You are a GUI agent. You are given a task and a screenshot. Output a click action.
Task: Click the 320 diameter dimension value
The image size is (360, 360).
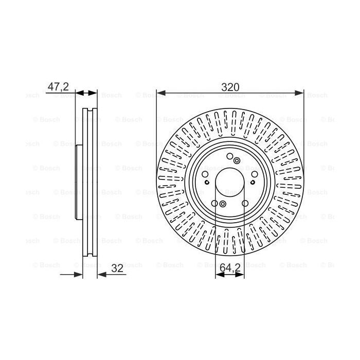pos(230,87)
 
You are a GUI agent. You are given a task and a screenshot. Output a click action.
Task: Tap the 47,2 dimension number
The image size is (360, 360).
pos(58,87)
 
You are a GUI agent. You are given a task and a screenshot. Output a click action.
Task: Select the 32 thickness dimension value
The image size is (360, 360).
pos(118,268)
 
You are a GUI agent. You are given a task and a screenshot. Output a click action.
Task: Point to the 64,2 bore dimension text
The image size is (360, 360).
pos(230,268)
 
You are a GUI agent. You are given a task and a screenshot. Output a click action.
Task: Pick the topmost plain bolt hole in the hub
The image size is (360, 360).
pos(230,157)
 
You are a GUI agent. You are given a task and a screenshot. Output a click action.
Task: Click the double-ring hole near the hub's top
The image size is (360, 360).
pos(237,161)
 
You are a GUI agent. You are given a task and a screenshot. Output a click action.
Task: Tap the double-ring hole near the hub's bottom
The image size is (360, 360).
pos(223,205)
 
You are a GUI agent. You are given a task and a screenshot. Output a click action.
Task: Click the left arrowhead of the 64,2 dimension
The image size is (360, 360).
pos(218,275)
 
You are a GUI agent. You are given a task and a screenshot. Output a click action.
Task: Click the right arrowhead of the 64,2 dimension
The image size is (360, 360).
pos(241,275)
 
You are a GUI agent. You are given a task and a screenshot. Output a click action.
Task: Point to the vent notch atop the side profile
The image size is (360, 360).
pos(91,111)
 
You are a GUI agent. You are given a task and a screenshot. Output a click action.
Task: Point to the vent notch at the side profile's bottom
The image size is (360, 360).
pos(91,255)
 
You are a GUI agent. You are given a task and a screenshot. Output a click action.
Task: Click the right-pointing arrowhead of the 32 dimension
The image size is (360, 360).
pos(79,275)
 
